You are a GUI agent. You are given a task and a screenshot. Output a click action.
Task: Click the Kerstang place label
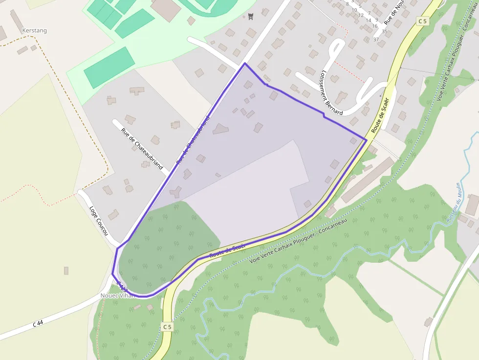tap(34, 30)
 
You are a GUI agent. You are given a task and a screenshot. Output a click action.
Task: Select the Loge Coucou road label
tap(98, 220)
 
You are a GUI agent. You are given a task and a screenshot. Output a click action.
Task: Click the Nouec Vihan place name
tap(116, 296)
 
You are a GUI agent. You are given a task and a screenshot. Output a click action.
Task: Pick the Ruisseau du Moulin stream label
tap(453, 202)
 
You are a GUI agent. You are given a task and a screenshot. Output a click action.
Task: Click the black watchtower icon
tap(251, 17)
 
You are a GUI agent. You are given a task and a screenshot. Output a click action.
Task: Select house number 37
tap(376, 39)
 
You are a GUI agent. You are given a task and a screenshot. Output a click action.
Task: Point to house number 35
tap(385, 32)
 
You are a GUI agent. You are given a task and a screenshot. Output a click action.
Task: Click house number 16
tap(374, 26)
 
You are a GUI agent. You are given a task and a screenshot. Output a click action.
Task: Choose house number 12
tap(361, 15)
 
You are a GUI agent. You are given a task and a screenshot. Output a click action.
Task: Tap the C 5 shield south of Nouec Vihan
tap(167, 326)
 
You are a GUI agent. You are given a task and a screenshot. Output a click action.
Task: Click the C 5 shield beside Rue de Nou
tap(423, 21)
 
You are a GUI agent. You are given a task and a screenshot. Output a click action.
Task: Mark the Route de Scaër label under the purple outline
tap(227, 251)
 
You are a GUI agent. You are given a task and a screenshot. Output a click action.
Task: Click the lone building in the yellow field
tap(66, 270)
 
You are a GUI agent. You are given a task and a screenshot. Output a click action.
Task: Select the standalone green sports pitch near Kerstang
tap(109, 67)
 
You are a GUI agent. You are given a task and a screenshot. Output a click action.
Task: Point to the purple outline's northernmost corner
tap(244, 63)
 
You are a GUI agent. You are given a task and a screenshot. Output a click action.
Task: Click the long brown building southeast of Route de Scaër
tap(368, 179)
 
